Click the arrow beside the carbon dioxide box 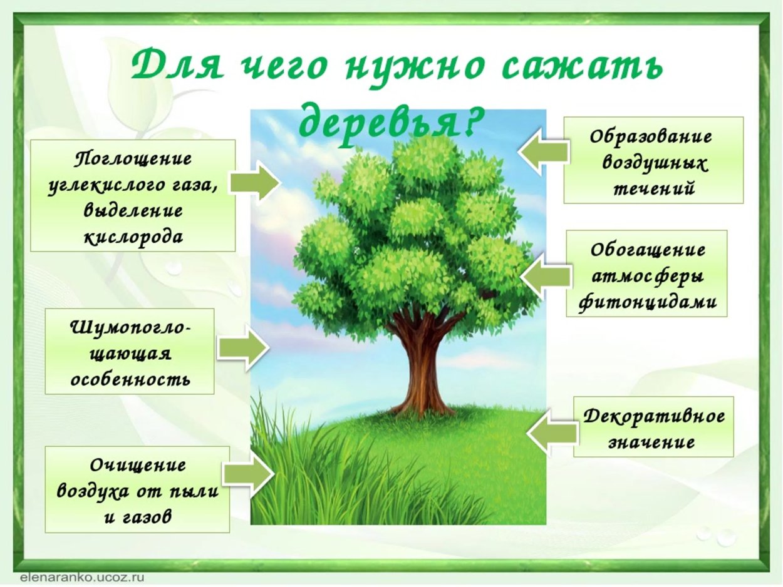tap(254, 182)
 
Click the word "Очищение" tap(138, 466)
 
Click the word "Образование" tap(652, 137)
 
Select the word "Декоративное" tap(654, 416)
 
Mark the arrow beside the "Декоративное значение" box tap(552, 431)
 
